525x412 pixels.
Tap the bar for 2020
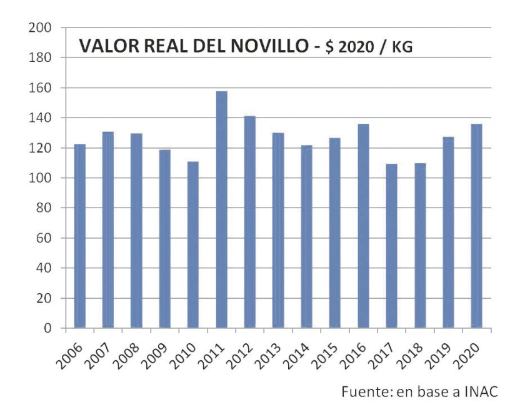476,226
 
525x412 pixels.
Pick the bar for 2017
391,246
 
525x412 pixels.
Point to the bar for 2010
193,244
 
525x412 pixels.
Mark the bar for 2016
363,226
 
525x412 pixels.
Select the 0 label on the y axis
46,328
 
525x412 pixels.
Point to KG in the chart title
402,47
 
